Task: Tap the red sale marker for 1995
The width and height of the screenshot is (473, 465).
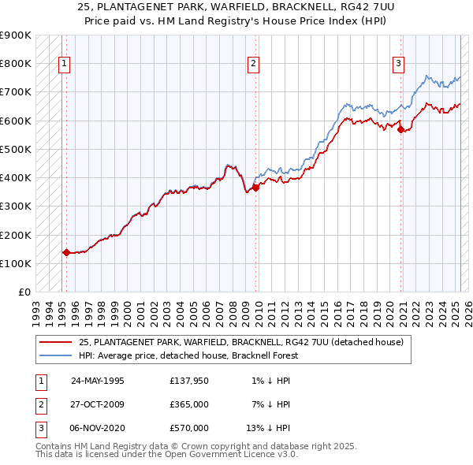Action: (x=66, y=253)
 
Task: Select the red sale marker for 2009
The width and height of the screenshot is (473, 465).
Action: (x=257, y=188)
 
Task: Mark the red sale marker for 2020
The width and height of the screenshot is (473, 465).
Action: (x=401, y=130)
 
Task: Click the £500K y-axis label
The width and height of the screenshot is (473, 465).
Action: (x=16, y=149)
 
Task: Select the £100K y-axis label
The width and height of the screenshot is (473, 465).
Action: (x=16, y=263)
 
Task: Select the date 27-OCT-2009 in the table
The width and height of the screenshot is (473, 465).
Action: (x=98, y=404)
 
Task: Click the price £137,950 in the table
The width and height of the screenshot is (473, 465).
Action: (x=189, y=381)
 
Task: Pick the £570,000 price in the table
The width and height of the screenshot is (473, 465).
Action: (x=189, y=428)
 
